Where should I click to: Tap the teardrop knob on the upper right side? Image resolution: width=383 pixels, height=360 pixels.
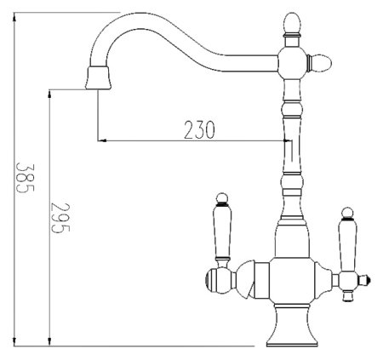point(325,60)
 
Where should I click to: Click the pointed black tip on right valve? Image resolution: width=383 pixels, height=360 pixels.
point(367,277)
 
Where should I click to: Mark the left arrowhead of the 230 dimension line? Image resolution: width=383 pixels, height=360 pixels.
point(103,139)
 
